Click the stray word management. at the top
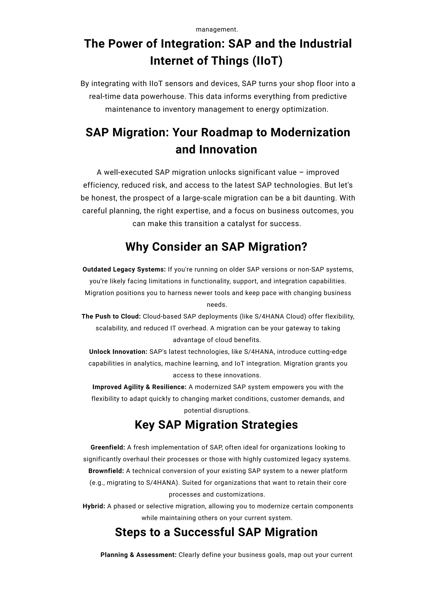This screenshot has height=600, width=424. [217, 30]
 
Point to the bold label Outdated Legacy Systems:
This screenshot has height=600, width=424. [124, 269]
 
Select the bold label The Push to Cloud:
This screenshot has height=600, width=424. [111, 317]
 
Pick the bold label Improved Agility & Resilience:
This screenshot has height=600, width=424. [139, 387]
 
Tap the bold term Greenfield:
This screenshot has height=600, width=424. [108, 447]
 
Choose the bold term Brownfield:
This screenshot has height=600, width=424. [106, 471]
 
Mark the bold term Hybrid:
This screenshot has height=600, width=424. [94, 506]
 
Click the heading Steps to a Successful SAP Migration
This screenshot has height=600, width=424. [216, 532]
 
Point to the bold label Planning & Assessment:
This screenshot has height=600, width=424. [139, 555]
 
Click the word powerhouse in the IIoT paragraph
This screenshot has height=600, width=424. [163, 96]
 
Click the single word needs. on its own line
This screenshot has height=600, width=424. [217, 305]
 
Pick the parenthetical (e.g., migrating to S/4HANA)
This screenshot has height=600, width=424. [135, 483]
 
